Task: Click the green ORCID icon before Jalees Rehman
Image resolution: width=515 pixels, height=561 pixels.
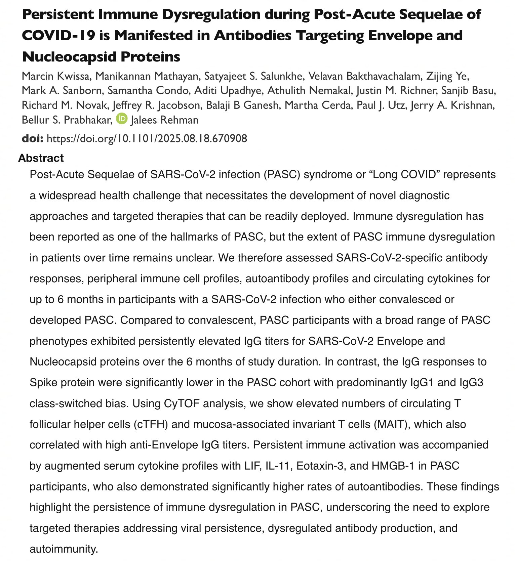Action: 122,119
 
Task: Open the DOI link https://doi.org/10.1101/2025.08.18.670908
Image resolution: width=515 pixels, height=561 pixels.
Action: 147,138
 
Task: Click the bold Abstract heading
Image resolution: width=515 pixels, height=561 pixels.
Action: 41,158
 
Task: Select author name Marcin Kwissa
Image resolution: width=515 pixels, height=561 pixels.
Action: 56,76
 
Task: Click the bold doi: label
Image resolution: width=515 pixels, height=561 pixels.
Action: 32,138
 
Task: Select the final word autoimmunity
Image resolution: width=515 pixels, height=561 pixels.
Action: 64,549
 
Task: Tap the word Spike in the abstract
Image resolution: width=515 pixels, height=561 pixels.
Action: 44,382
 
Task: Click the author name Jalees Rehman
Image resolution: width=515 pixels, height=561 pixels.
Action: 164,120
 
